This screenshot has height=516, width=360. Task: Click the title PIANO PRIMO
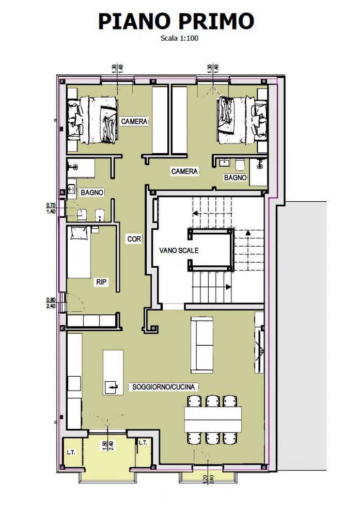[177, 21]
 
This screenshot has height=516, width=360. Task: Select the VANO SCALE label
[179, 250]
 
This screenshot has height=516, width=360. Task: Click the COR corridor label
[134, 239]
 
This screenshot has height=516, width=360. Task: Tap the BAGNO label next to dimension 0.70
[92, 192]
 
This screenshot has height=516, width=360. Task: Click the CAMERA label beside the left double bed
[134, 122]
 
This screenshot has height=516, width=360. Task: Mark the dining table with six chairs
[213, 419]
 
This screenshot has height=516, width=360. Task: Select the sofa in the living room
[202, 344]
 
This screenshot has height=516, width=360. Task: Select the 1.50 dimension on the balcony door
[104, 445]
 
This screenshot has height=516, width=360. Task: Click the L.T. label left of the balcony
[71, 452]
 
